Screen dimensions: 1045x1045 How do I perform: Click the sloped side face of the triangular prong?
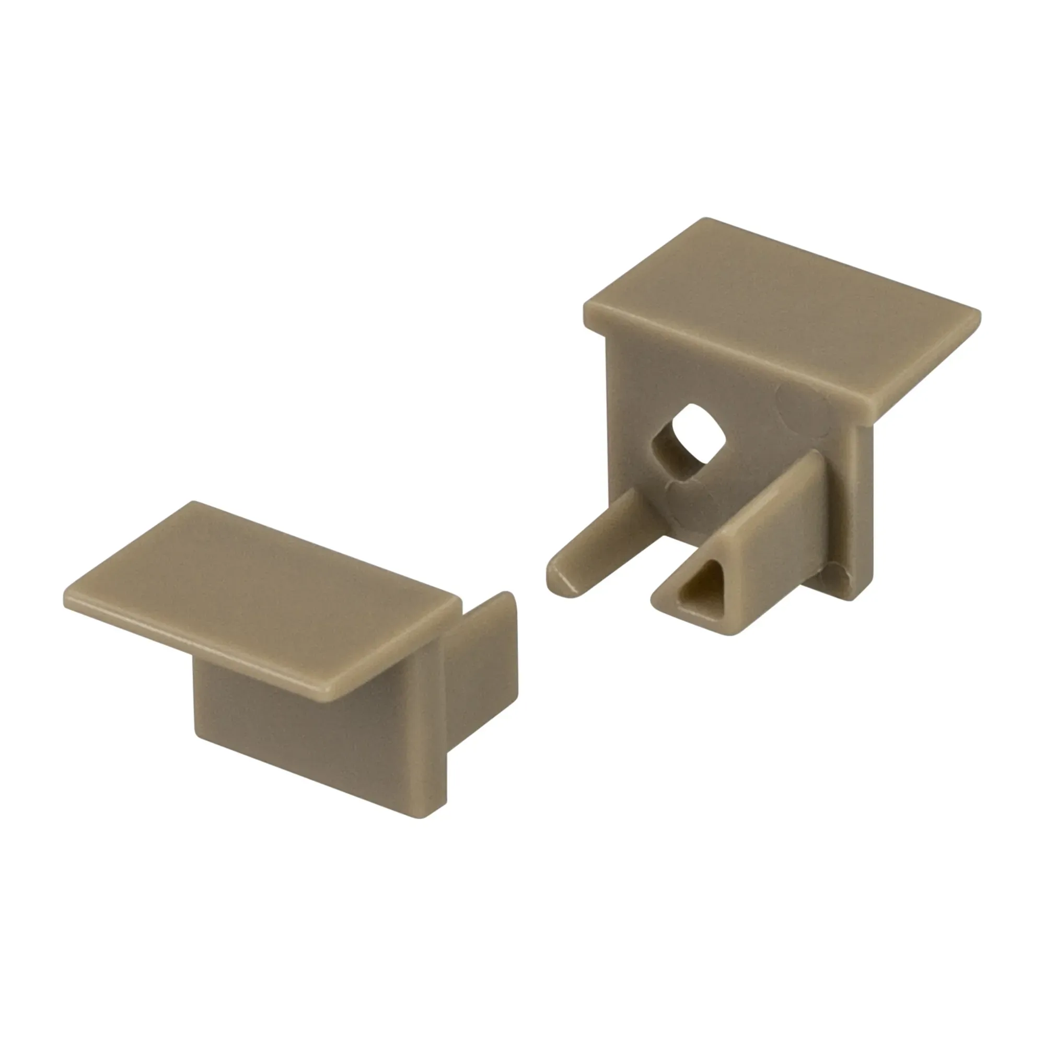[x=779, y=536]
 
